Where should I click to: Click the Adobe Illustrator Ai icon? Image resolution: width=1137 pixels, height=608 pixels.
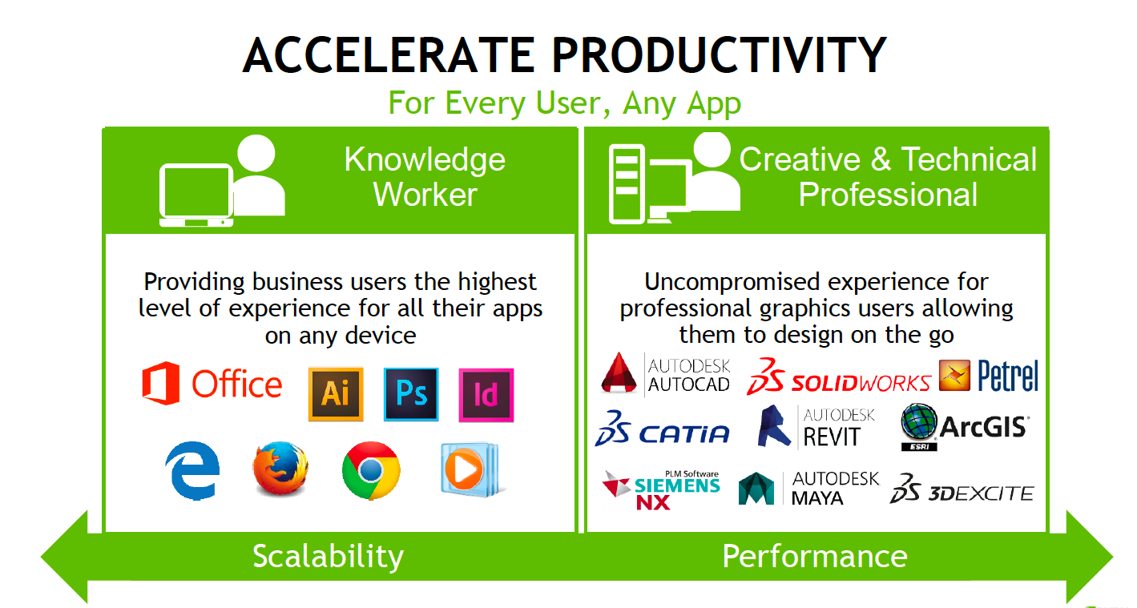tap(336, 394)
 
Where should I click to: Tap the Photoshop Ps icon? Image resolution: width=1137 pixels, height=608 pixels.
tap(411, 394)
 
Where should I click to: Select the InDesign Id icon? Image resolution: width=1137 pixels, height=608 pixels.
tap(486, 395)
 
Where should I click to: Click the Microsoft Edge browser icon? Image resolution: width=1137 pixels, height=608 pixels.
tap(192, 470)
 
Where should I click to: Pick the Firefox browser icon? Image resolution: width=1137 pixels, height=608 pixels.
tap(280, 468)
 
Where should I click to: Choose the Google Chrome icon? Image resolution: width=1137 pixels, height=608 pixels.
tap(371, 470)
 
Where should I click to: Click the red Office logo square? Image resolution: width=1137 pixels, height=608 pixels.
tap(161, 383)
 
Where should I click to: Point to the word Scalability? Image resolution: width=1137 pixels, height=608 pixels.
tap(328, 556)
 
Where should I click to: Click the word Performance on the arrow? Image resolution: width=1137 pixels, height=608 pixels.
tap(815, 556)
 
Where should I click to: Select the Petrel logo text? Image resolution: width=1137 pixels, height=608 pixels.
tap(1008, 376)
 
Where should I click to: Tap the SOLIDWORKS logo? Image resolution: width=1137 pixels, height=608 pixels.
tap(839, 376)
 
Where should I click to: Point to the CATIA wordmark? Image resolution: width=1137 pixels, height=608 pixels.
tap(683, 434)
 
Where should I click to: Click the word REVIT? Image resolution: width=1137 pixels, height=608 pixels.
tap(832, 437)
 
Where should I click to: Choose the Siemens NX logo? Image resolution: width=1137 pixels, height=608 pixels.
tap(661, 489)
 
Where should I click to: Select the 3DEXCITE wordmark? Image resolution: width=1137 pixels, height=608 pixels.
tap(982, 493)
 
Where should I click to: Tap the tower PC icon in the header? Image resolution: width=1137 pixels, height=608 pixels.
tap(627, 184)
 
